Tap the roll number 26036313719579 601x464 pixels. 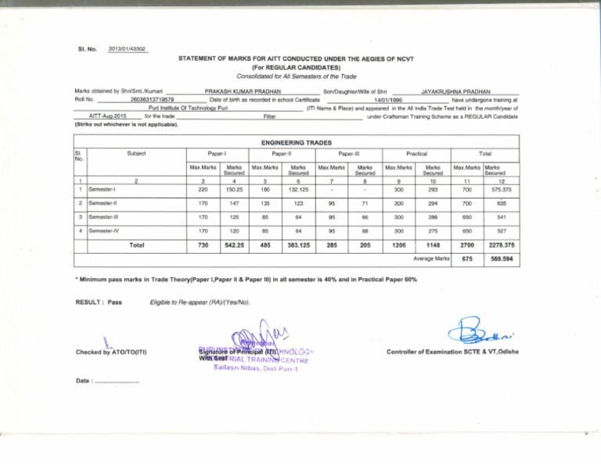153,99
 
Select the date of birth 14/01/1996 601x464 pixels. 387,99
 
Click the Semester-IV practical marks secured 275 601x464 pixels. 433,232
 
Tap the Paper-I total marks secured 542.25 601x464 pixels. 232,246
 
